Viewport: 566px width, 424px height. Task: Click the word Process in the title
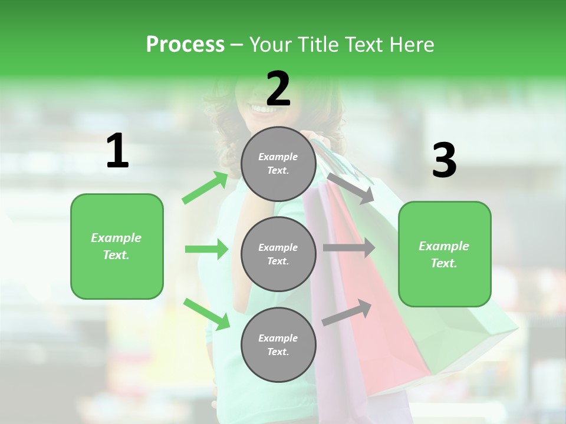click(185, 44)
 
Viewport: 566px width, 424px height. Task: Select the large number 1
click(117, 151)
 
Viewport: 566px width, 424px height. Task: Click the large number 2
click(278, 90)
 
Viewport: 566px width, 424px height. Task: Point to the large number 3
click(444, 160)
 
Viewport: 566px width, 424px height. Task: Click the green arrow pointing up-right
click(205, 188)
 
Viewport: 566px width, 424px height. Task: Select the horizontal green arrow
click(206, 249)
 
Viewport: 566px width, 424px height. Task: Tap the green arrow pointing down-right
click(207, 314)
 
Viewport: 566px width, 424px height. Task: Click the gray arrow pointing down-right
click(350, 188)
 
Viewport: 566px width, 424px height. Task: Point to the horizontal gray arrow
click(348, 248)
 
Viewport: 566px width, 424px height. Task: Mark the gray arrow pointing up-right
click(347, 313)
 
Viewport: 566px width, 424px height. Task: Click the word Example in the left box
click(116, 238)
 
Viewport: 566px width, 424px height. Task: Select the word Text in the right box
click(444, 263)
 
